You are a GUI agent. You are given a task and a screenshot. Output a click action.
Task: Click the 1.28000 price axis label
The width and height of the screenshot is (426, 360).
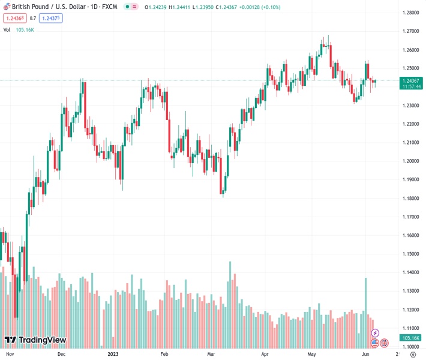tap(410, 13)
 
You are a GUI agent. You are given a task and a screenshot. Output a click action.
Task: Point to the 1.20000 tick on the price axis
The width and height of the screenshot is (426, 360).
tap(410, 161)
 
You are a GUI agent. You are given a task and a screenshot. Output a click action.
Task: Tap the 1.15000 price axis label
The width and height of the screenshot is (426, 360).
tap(410, 254)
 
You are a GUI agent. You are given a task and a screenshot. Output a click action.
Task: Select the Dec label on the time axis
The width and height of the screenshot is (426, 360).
tap(62, 355)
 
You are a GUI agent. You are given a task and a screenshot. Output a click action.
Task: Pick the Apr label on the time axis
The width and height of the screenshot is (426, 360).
tap(265, 355)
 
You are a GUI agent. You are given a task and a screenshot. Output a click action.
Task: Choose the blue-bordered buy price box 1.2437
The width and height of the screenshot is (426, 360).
tap(50, 18)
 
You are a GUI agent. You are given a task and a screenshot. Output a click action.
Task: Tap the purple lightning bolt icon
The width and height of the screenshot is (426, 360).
tap(376, 332)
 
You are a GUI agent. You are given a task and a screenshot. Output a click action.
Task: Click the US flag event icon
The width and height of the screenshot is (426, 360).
tap(375, 343)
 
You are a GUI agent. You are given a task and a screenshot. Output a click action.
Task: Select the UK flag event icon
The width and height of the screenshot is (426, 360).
tap(385, 343)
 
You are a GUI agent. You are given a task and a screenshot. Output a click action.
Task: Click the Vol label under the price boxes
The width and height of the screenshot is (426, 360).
tap(7, 29)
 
